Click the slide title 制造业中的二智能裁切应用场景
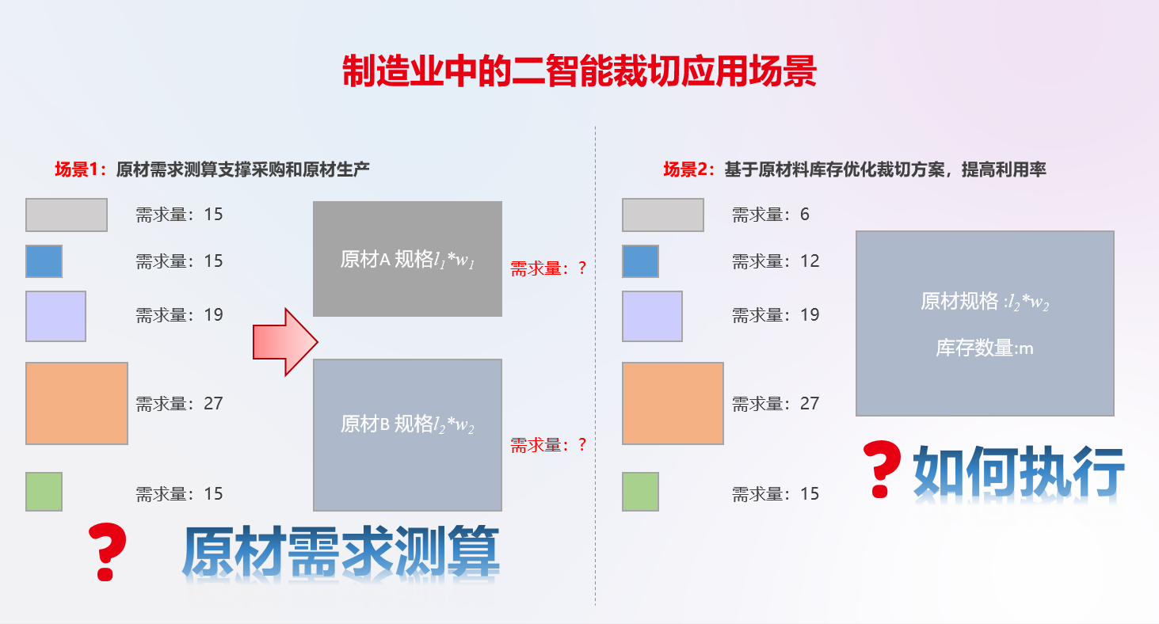[579, 72]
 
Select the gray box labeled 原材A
[407, 259]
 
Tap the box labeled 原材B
[407, 435]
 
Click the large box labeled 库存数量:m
[985, 323]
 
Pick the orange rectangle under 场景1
[77, 403]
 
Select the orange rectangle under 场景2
[673, 403]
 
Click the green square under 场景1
[44, 492]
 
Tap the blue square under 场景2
[640, 261]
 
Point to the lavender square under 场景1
[55, 316]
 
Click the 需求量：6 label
[770, 215]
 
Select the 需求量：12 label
[775, 261]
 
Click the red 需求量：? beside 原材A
[547, 268]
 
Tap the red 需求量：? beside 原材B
[547, 445]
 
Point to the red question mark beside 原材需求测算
[108, 551]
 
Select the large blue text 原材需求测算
[341, 553]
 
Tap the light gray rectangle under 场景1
[67, 215]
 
